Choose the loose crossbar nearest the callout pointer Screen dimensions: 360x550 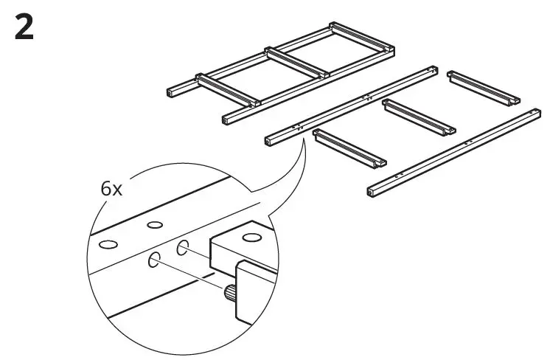coord(349,147)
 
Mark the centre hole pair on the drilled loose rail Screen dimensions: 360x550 coord(366,97)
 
